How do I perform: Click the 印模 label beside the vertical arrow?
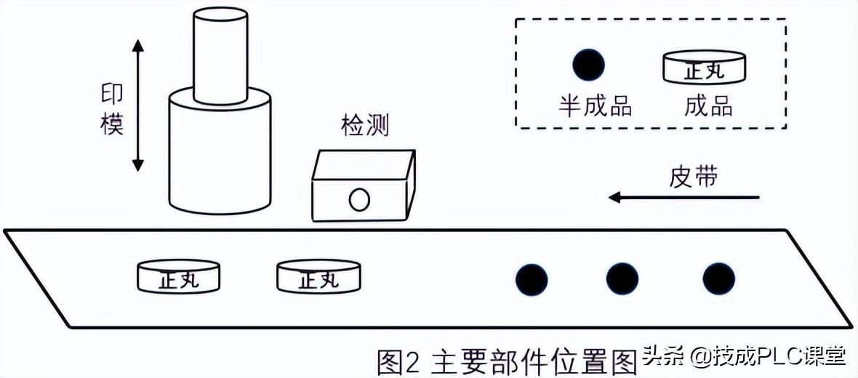[112, 110]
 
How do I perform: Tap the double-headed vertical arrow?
[138, 105]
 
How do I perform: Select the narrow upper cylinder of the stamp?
[220, 55]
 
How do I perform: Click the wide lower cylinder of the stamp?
[220, 156]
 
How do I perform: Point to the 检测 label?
[365, 126]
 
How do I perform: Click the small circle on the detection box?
[359, 199]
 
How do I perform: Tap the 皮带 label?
[693, 177]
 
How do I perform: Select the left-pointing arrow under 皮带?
[683, 197]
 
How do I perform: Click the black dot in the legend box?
[588, 65]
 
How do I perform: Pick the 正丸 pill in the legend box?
[705, 68]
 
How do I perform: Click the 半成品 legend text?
[595, 106]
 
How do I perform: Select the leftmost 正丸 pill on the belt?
[178, 278]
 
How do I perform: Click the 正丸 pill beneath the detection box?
[318, 278]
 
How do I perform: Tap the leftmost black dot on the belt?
[532, 279]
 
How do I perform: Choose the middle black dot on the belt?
[622, 279]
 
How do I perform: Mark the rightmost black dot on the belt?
[718, 279]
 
